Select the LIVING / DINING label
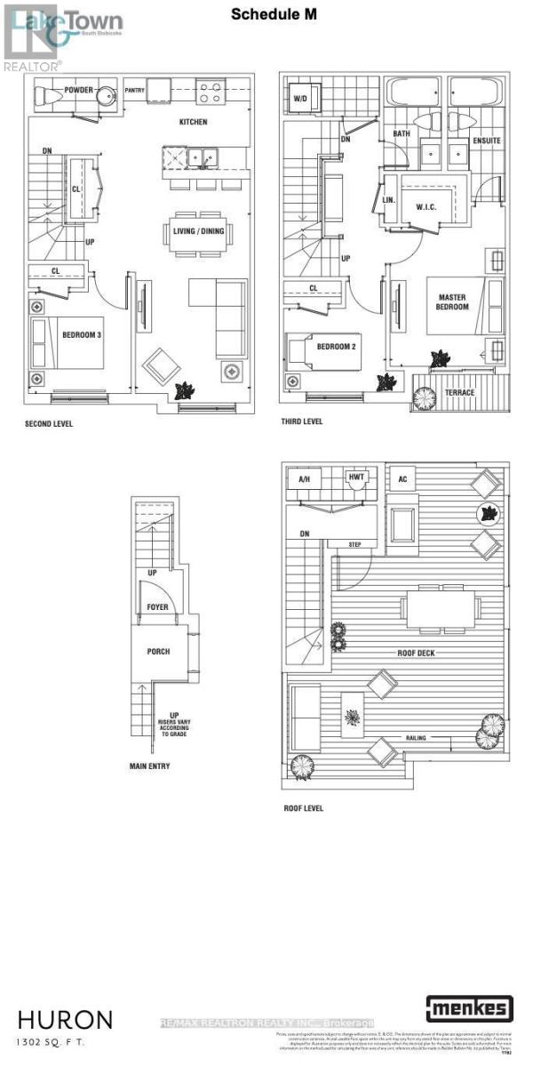197,233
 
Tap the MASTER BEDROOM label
453,301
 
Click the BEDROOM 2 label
337,346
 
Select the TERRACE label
459,392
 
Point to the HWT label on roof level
356,477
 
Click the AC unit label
402,478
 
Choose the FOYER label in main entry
156,608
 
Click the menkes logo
470,1008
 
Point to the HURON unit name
65,1018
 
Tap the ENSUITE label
487,141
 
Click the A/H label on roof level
304,478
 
